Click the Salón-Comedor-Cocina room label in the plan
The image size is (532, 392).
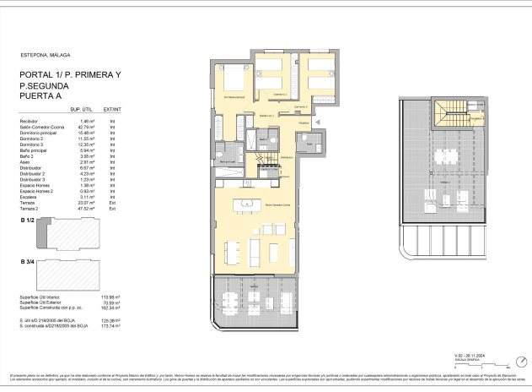click(x=274, y=205)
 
